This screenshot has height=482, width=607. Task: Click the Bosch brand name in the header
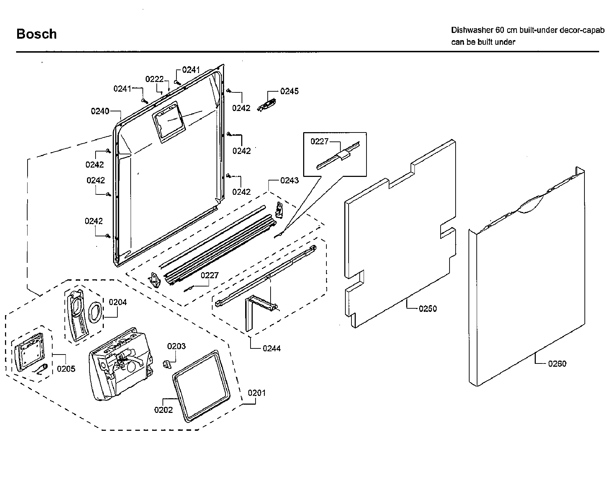click(37, 34)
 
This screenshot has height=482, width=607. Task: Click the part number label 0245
click(289, 91)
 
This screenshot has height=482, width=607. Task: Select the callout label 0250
click(428, 309)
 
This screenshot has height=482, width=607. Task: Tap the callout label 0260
click(557, 364)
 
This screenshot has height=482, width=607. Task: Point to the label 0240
click(100, 111)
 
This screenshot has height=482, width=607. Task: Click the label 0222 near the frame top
click(154, 79)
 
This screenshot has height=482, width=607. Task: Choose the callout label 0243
click(289, 180)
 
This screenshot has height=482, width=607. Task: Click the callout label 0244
click(272, 348)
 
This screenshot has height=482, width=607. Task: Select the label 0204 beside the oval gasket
click(118, 302)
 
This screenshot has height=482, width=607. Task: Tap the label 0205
click(66, 369)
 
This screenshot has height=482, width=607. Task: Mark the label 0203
click(176, 346)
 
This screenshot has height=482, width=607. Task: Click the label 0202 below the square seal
click(163, 410)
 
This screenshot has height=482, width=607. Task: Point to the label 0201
click(257, 393)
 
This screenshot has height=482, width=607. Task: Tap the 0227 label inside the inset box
click(319, 141)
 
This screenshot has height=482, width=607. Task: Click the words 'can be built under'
click(483, 42)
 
